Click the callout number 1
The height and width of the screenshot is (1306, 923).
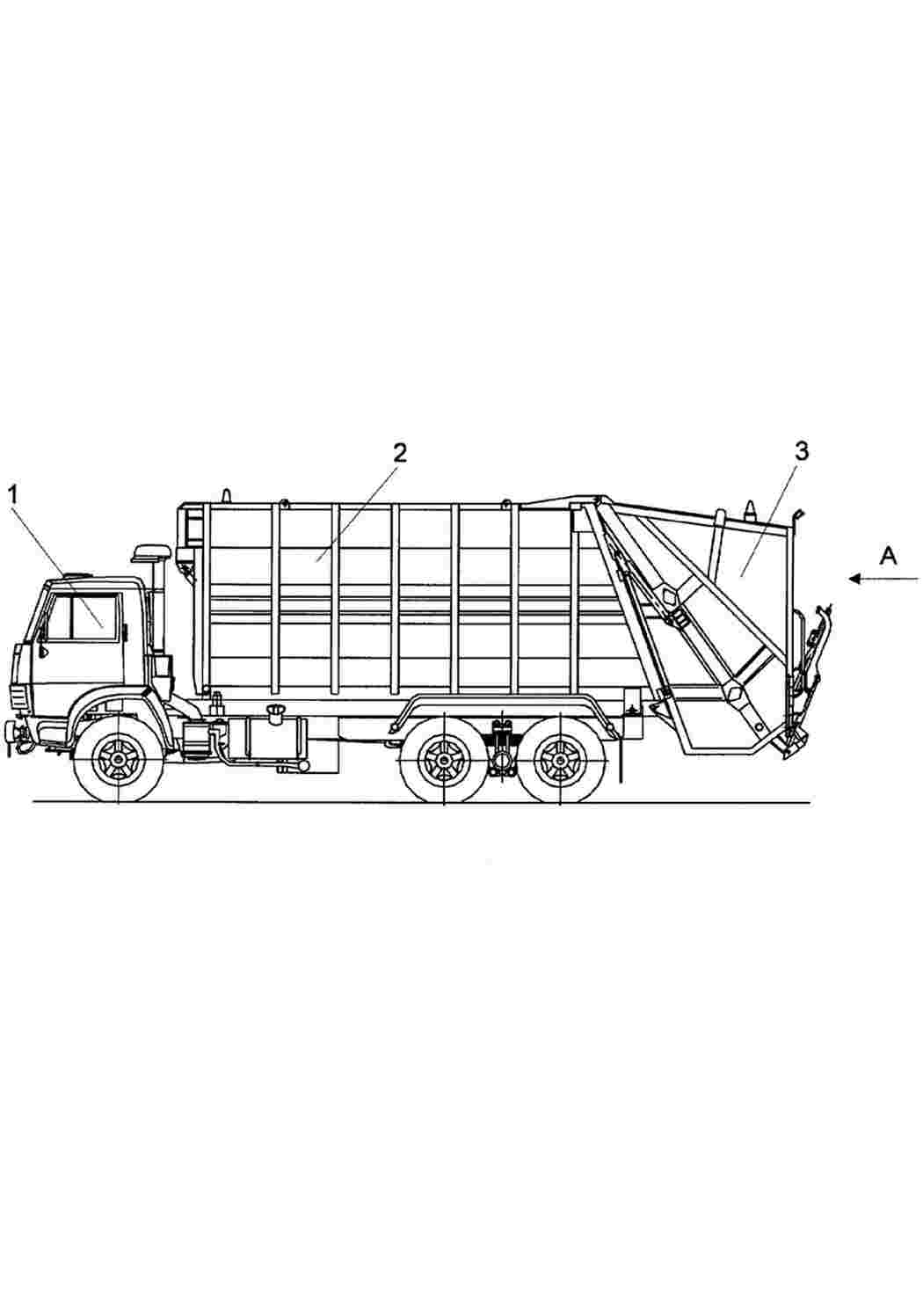[x=13, y=496]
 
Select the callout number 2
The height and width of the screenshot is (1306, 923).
[x=399, y=453]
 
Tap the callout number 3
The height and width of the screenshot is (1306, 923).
[x=803, y=451]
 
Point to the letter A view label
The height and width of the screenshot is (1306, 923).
[x=888, y=556]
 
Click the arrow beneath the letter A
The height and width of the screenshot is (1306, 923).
[x=883, y=579]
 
